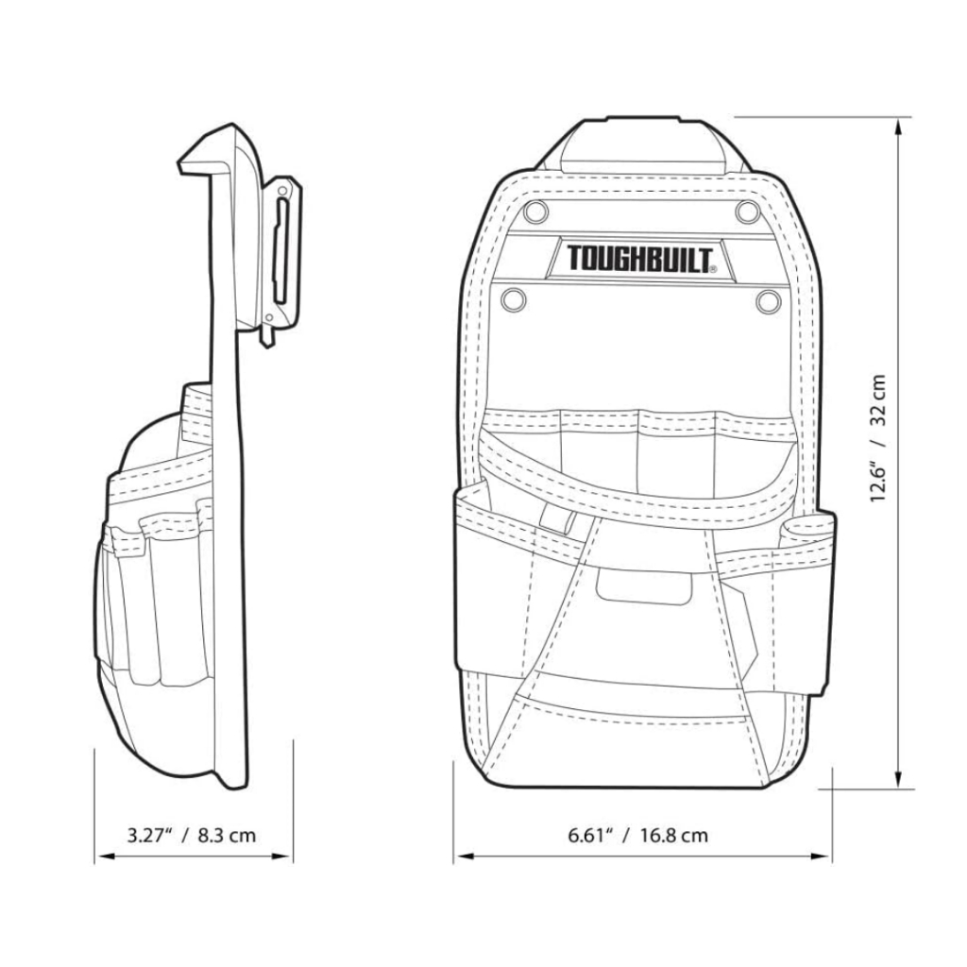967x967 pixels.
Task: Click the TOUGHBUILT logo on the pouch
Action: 640,258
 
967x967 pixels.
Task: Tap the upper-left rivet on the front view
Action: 537,209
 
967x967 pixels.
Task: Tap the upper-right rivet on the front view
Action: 747,209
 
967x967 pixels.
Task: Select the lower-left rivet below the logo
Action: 513,299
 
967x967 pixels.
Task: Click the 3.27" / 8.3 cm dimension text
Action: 192,835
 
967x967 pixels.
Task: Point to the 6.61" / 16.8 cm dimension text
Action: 638,835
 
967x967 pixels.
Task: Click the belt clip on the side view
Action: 282,254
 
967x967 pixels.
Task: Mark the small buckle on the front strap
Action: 559,523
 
